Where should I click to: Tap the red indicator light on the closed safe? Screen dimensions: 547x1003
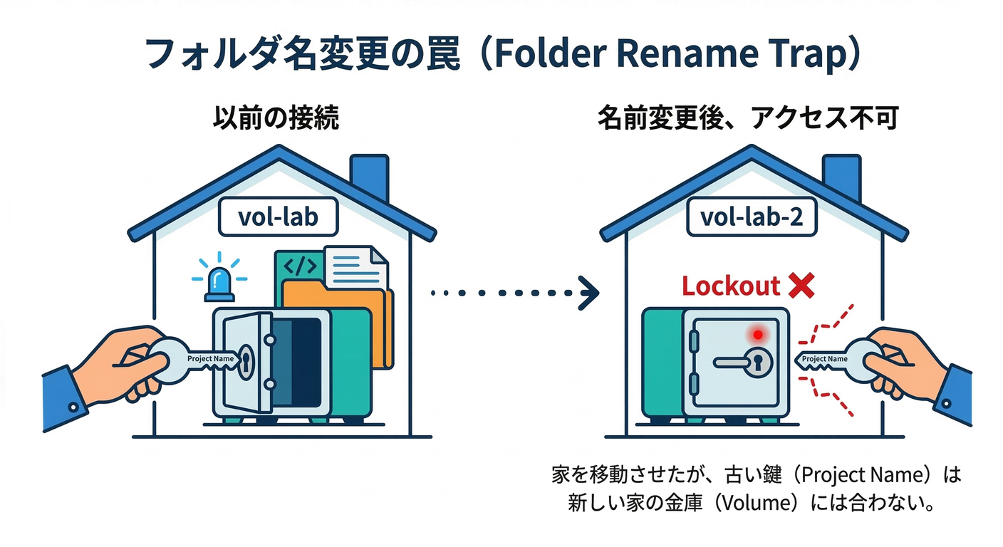click(x=757, y=334)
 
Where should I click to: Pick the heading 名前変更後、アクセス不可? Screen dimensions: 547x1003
click(x=748, y=118)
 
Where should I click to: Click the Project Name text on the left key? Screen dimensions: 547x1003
click(x=210, y=358)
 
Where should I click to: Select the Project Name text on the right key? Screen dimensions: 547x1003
click(x=824, y=359)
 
